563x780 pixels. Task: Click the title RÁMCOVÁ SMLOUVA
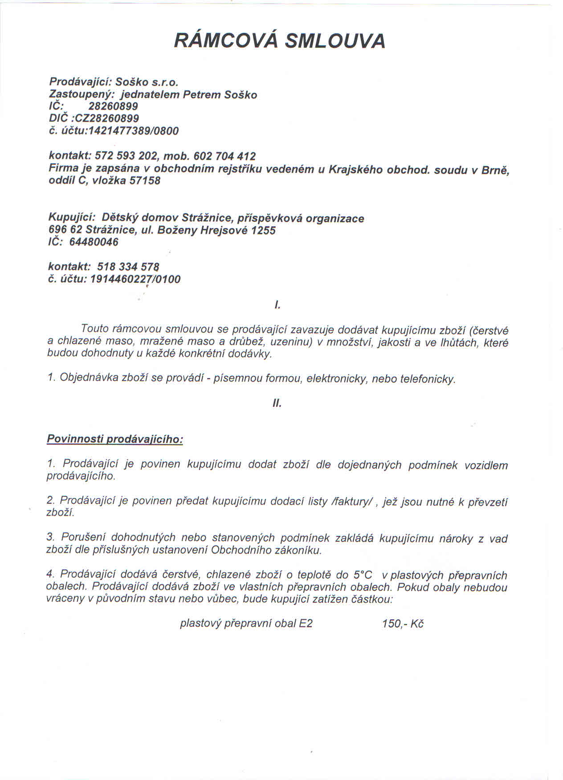tap(279, 41)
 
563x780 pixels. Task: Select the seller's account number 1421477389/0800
tap(134, 131)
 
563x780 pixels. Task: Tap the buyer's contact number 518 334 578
tap(128, 267)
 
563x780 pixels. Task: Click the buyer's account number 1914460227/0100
tap(135, 279)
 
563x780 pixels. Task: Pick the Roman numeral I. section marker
tap(277, 305)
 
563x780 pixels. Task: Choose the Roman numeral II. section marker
tap(277, 404)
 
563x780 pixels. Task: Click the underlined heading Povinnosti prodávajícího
tap(115, 439)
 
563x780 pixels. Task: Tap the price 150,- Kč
tap(402, 624)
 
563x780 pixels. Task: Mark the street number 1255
tap(263, 231)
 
